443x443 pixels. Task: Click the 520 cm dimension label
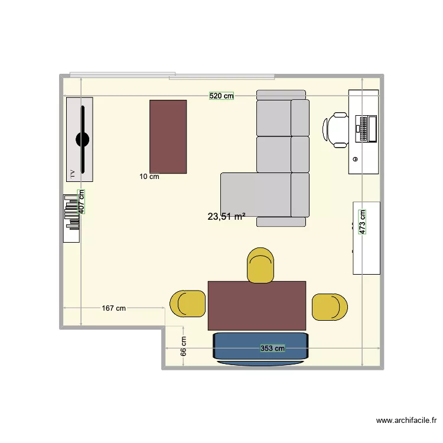pos(221,96)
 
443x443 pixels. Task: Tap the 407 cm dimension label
pos(82,201)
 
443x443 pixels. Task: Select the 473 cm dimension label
pos(363,222)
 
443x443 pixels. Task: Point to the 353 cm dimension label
pos(273,348)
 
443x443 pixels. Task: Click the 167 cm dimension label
pos(113,308)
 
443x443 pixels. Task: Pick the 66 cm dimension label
pos(184,346)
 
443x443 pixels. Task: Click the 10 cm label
pos(149,176)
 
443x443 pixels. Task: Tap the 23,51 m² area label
pos(226,217)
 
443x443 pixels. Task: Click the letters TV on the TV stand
pos(73,174)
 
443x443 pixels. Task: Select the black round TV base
pos(82,140)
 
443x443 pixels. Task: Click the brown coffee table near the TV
pos(168,136)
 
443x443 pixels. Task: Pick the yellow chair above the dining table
pos(260,265)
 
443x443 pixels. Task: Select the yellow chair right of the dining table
pos(329,307)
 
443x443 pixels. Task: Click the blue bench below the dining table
pos(260,348)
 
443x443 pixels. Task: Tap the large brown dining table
pos(257,305)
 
